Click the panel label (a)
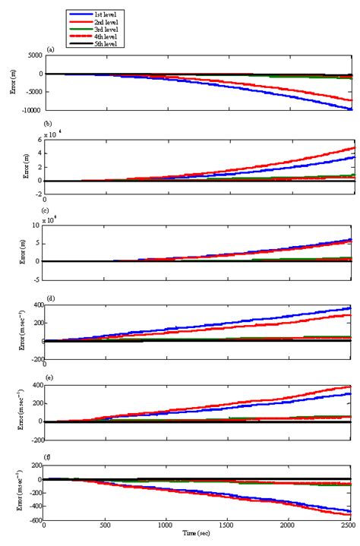[x=50, y=49]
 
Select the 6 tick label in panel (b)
[x=39, y=140]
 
